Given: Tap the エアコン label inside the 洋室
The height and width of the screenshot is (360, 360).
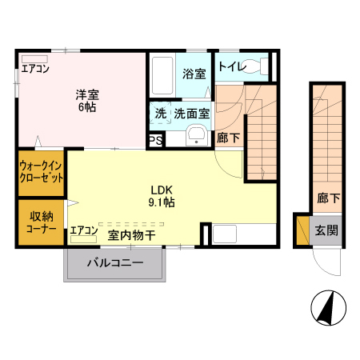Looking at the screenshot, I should (35, 69).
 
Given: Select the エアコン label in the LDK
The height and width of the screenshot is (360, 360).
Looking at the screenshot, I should (84, 232).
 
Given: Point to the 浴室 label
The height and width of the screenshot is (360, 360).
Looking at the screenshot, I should (194, 74).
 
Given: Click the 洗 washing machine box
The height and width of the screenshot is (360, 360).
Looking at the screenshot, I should (161, 114).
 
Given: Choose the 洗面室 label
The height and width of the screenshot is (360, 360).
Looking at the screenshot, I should (192, 114).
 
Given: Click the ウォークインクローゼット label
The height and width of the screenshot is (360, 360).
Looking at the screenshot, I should (42, 172).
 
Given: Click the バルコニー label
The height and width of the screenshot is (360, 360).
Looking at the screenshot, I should (115, 262).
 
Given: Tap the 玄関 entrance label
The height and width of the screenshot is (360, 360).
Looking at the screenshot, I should (326, 231).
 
